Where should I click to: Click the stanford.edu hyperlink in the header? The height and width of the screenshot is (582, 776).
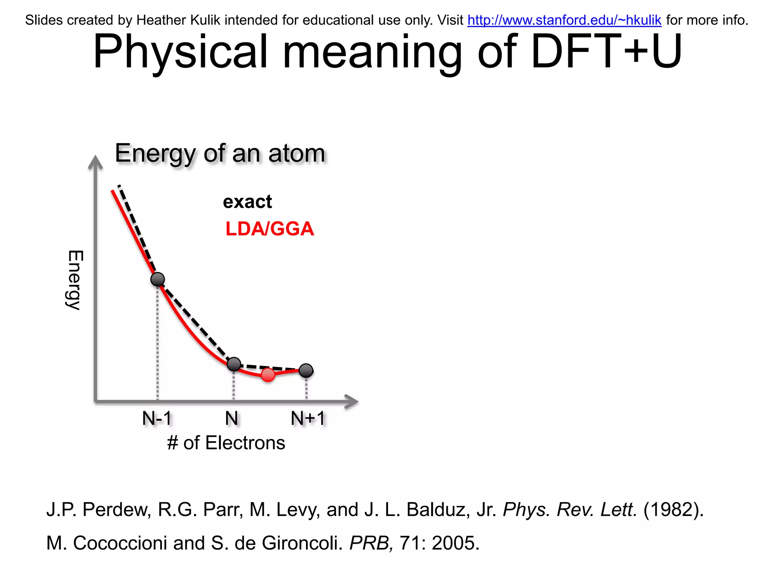pos(564,20)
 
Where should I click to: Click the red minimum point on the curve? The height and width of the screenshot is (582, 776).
pos(268,375)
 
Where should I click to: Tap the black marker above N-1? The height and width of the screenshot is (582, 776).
pos(158,279)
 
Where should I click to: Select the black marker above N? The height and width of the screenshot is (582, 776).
pos(234,364)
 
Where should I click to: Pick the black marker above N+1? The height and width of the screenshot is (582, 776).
pos(306,370)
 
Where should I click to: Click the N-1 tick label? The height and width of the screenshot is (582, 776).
pos(157,418)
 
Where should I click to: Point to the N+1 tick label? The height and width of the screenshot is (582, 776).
pos(308,418)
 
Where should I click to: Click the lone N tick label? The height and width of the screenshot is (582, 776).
pos(232,418)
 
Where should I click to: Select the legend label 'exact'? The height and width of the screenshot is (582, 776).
pos(247,202)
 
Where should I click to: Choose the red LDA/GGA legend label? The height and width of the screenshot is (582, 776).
pos(269,229)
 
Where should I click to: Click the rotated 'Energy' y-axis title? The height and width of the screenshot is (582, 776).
pos(75,280)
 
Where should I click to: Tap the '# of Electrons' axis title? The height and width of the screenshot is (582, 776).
pos(226,443)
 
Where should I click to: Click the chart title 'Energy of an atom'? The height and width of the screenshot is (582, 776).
pos(220,153)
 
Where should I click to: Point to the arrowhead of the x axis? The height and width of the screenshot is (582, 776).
pos(352,401)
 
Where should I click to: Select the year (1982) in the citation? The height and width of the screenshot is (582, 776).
pos(673,510)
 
